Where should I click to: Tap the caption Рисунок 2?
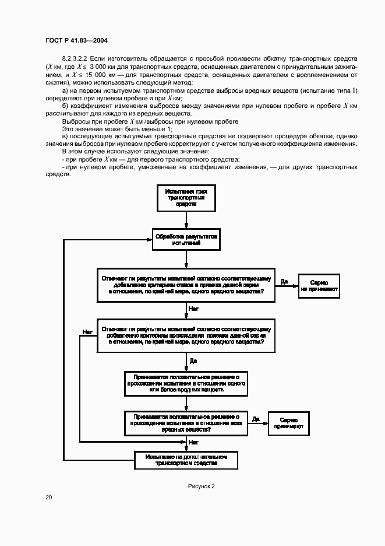point(202,485)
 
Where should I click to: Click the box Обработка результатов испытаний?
point(185,239)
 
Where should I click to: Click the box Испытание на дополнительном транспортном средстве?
point(185,460)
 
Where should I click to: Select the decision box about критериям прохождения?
point(185,336)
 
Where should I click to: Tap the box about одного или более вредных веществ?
point(185,382)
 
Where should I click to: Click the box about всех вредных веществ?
point(185,423)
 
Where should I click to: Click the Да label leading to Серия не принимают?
point(284,281)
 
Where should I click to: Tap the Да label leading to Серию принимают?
point(256,418)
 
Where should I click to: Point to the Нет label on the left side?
point(87,331)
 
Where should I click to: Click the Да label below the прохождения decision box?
point(193,361)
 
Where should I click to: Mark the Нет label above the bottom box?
point(193,443)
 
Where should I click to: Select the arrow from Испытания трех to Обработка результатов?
point(185,219)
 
